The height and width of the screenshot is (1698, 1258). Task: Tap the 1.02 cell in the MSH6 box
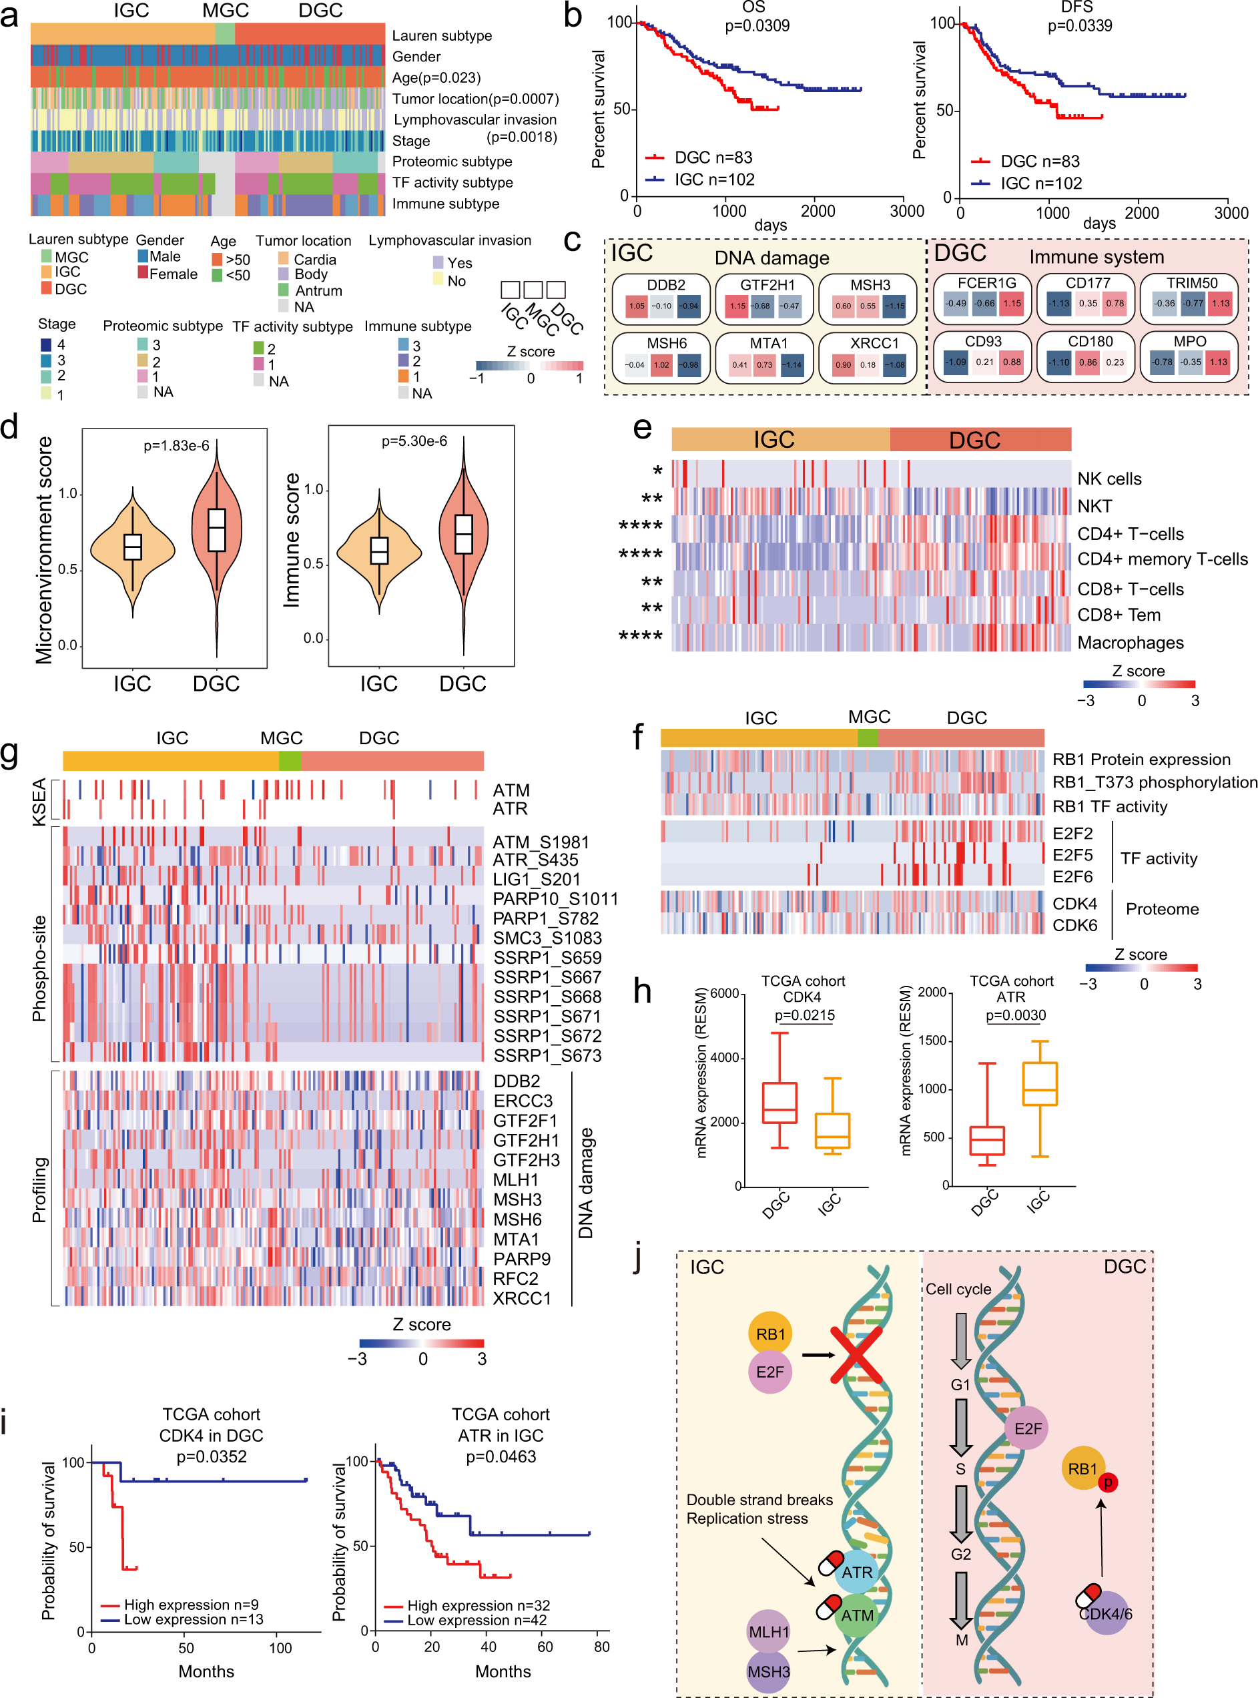[661, 364]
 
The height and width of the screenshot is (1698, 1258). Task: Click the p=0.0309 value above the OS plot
[756, 26]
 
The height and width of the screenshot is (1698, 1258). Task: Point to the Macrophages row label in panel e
[1129, 643]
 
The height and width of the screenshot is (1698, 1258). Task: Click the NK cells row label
[1109, 479]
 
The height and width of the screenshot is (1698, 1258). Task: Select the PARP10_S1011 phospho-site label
[555, 898]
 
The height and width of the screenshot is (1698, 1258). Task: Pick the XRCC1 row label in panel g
[522, 1298]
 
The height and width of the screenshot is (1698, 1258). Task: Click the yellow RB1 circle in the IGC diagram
[770, 1334]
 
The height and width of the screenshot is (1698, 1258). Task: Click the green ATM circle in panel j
[857, 1615]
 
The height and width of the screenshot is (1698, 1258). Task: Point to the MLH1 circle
[768, 1632]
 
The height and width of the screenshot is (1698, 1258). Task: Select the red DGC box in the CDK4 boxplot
[779, 1103]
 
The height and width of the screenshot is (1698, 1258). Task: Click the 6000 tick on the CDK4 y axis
[723, 994]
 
